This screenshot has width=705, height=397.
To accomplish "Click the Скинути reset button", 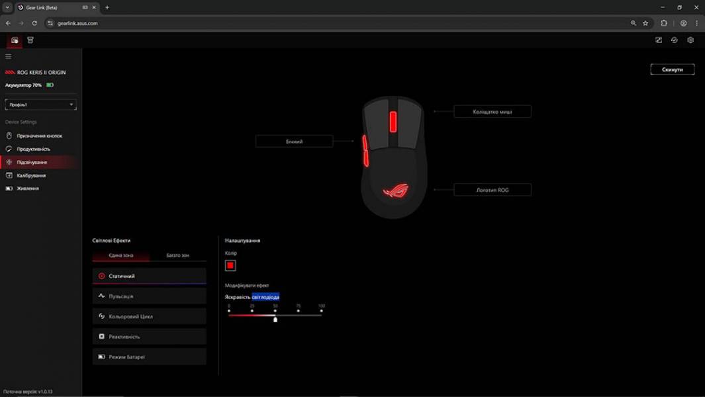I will click(x=672, y=69).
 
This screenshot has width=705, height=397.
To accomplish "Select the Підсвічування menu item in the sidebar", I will click(x=32, y=162).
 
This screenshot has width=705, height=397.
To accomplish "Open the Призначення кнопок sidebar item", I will click(x=39, y=136).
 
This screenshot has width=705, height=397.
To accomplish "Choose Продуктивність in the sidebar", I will click(x=33, y=149).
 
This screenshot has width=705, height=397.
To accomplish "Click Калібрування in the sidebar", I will click(x=30, y=175).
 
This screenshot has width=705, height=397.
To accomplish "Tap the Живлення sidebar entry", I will click(x=28, y=189).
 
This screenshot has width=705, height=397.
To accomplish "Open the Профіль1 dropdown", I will click(x=40, y=105).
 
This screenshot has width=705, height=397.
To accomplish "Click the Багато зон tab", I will click(x=177, y=255).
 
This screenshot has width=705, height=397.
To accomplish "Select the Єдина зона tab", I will click(x=121, y=255).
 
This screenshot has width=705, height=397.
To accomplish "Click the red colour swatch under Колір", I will click(x=230, y=265).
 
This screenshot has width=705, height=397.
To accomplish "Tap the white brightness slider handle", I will click(x=275, y=319).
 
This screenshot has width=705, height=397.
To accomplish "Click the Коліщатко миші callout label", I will click(x=492, y=112).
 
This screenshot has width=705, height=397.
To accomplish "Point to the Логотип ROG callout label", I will click(x=492, y=190).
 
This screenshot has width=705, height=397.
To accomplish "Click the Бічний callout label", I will click(x=294, y=141).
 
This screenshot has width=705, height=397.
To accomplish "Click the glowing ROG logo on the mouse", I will click(x=395, y=191).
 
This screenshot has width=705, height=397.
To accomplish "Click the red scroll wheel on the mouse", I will click(x=393, y=121).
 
